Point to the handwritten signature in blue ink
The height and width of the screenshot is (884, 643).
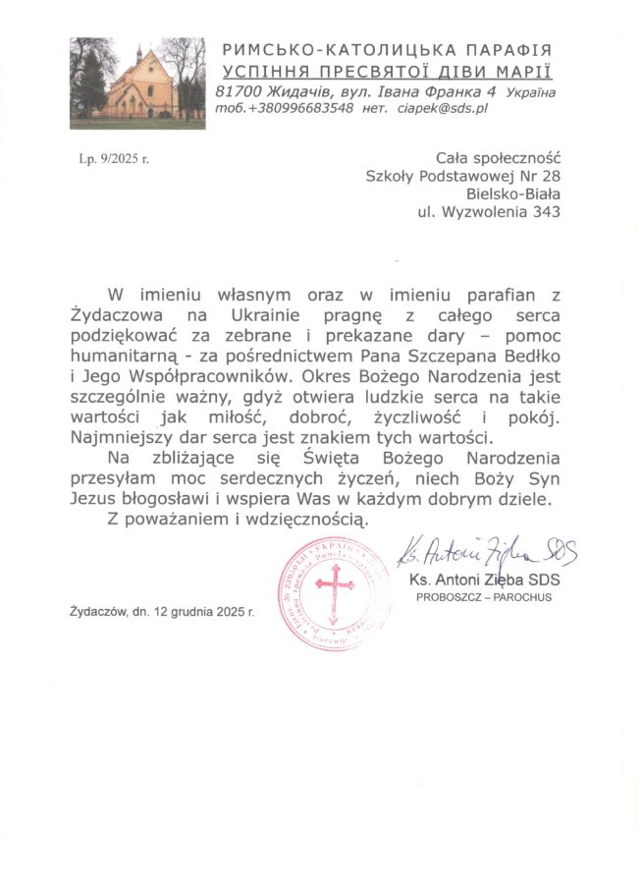[x=485, y=553]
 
